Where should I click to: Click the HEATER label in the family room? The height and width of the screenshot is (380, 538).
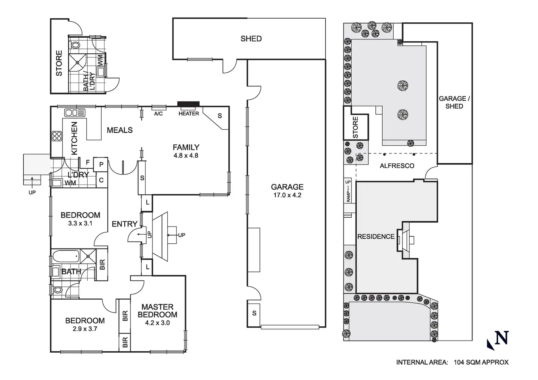pyautogui.click(x=189, y=114)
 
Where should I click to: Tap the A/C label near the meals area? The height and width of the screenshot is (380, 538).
pyautogui.click(x=158, y=114)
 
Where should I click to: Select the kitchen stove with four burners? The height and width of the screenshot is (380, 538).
pyautogui.click(x=57, y=136)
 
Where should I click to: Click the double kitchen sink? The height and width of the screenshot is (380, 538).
pyautogui.click(x=75, y=113)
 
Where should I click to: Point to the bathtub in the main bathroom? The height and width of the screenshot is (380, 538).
pyautogui.click(x=65, y=256)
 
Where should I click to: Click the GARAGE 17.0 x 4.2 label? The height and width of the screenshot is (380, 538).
pyautogui.click(x=287, y=191)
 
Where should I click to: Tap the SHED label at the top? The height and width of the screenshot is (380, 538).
pyautogui.click(x=251, y=39)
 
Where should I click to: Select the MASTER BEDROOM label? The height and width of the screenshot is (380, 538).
pyautogui.click(x=157, y=311)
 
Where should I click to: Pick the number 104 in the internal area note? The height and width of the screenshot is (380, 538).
pyautogui.click(x=460, y=362)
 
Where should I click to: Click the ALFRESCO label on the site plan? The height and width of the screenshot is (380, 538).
pyautogui.click(x=397, y=166)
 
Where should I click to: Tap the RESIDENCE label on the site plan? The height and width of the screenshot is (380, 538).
pyautogui.click(x=376, y=237)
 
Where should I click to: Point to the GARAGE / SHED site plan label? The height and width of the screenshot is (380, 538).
pyautogui.click(x=454, y=102)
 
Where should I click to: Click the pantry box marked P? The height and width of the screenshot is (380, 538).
pyautogui.click(x=101, y=165)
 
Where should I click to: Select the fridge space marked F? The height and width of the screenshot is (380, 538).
pyautogui.click(x=88, y=162)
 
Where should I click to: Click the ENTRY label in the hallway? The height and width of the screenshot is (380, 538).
pyautogui.click(x=124, y=224)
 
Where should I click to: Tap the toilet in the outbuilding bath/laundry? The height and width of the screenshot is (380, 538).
pyautogui.click(x=75, y=45)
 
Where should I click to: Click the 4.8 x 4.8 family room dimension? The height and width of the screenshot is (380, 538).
pyautogui.click(x=186, y=156)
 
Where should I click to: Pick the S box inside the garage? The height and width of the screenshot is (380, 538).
pyautogui.click(x=254, y=313)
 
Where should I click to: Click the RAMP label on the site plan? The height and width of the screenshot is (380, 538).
pyautogui.click(x=348, y=197)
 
